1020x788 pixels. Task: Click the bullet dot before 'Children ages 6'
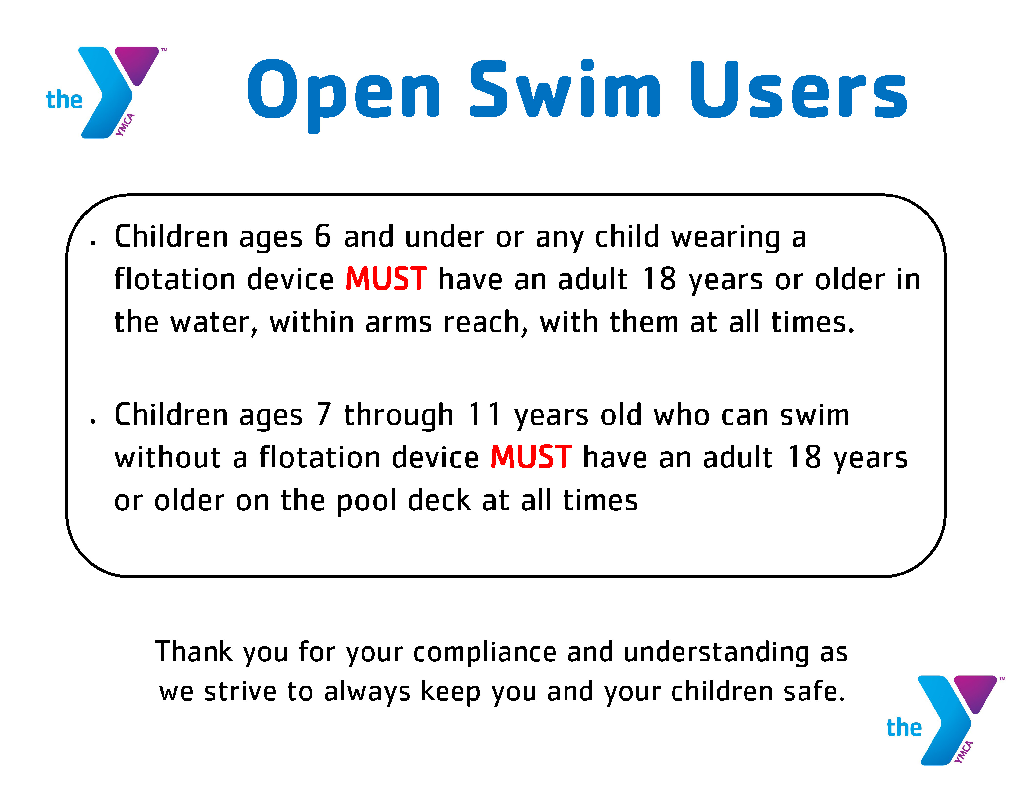click(93, 243)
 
